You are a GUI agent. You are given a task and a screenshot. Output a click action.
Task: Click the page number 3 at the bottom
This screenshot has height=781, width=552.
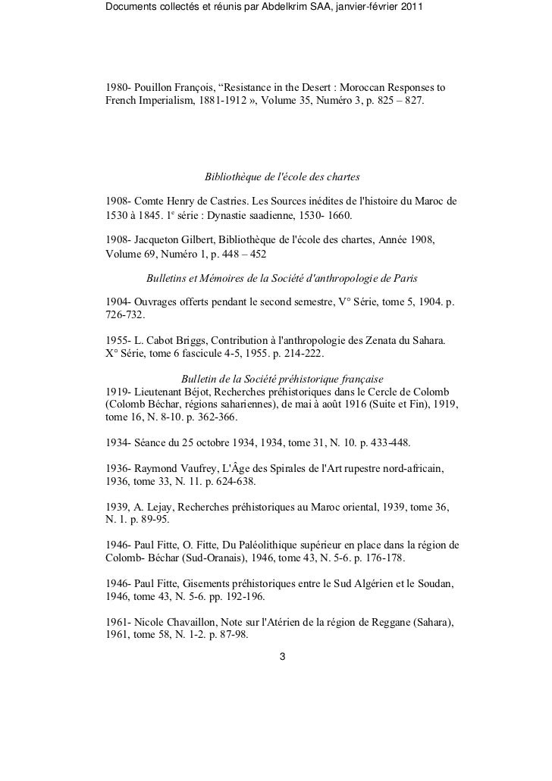pyautogui.click(x=283, y=656)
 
